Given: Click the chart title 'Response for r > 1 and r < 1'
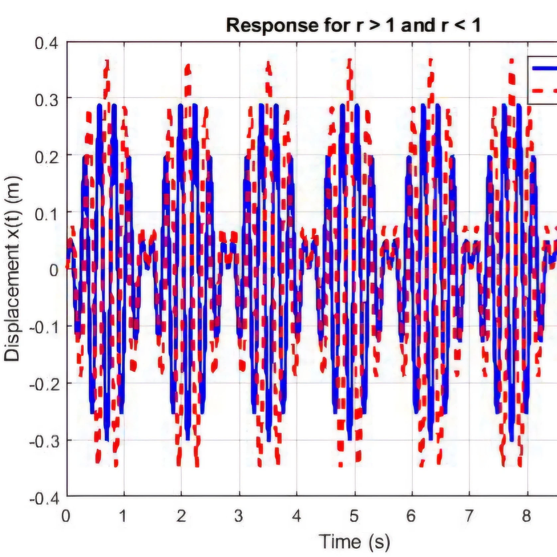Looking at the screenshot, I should tap(353, 26).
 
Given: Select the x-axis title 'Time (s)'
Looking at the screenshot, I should tap(354, 541).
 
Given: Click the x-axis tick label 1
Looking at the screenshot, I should tap(123, 516).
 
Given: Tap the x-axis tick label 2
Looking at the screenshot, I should tap(181, 516).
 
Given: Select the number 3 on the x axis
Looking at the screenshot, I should tap(239, 516).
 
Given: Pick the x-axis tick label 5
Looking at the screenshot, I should tap(354, 516).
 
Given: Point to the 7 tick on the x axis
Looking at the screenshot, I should tap(469, 516).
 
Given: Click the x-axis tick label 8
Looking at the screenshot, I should tap(526, 516).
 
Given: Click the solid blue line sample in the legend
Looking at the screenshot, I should tap(545, 68).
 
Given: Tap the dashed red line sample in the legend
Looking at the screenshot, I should tap(545, 90).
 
